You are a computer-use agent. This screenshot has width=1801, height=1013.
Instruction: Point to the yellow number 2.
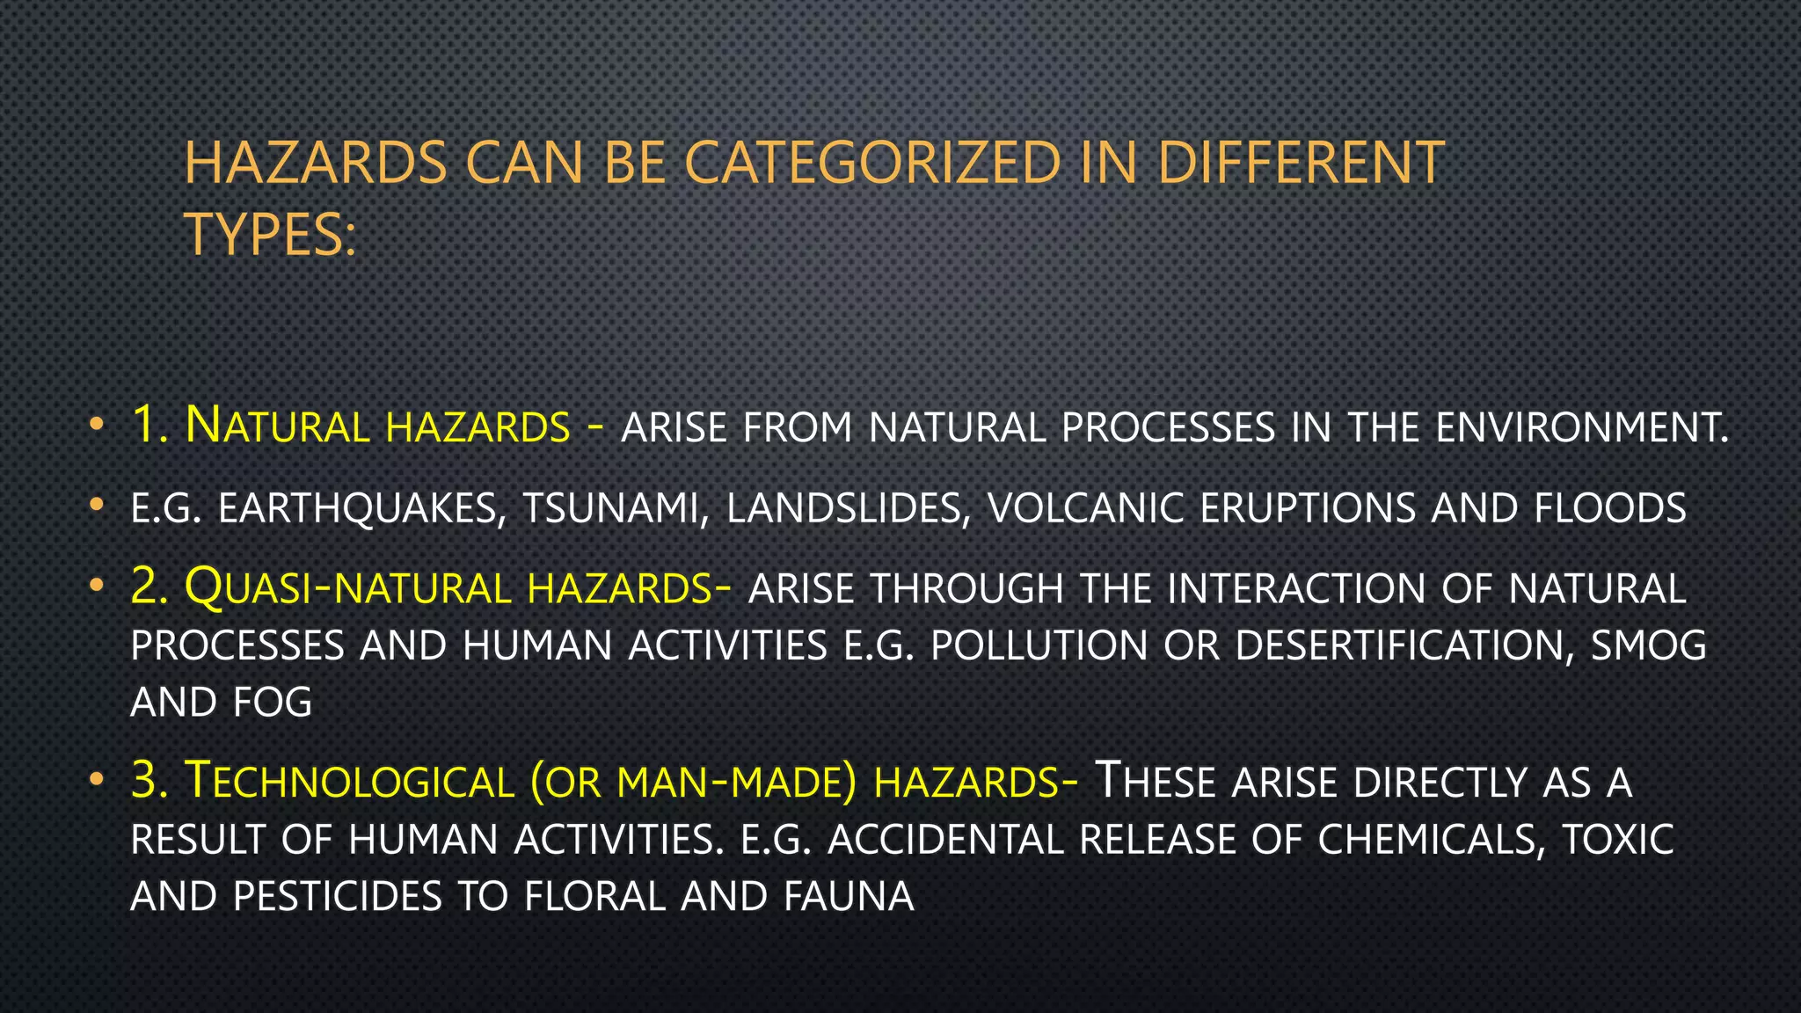coord(149,587)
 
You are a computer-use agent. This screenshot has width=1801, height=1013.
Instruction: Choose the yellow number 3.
coord(149,780)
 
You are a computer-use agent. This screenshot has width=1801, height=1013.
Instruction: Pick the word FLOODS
coord(1610,509)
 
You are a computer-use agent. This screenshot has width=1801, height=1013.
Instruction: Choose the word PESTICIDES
coord(337,897)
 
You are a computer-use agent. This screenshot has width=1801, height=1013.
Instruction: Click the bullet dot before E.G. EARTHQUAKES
coord(97,506)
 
